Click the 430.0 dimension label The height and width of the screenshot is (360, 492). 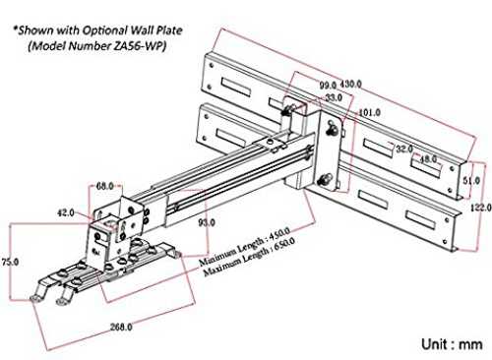pos(350,85)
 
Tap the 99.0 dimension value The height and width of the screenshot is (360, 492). pos(328,85)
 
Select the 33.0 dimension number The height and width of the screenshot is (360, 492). pos(334,97)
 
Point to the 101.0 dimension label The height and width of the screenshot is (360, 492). pos(370,113)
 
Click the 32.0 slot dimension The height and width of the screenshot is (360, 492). pos(404,149)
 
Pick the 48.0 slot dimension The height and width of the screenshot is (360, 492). pos(428,159)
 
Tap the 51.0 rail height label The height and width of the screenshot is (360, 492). pos(471,180)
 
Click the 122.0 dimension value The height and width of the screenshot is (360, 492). pos(481,208)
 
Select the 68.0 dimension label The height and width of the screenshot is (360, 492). pos(104,186)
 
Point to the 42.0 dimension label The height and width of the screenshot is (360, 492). pos(66,212)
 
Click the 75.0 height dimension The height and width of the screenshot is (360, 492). pos(10,262)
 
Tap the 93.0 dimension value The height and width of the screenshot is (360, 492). pos(207,222)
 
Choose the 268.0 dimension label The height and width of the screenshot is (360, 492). pos(121,327)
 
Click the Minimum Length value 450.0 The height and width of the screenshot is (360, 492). pos(279,233)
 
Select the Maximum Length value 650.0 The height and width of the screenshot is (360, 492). pos(284,244)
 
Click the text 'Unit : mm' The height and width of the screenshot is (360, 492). pos(452,344)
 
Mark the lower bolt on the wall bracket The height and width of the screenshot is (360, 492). pos(325,180)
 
